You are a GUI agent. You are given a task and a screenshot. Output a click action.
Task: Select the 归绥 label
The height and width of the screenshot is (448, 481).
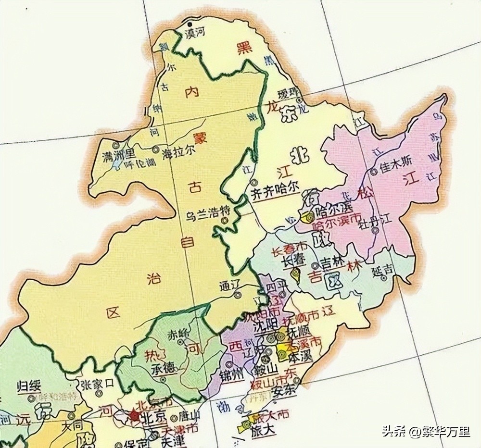29,386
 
